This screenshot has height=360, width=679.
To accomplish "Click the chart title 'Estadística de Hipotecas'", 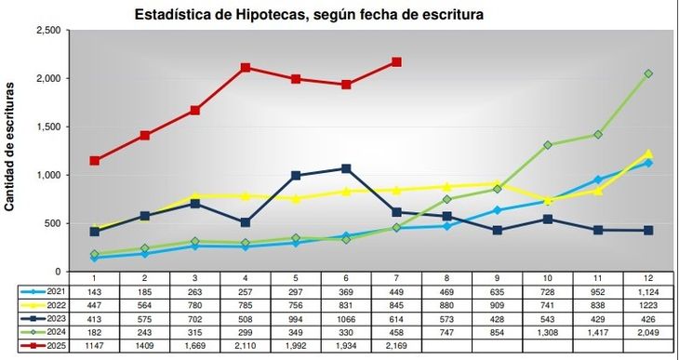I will (x=309, y=16).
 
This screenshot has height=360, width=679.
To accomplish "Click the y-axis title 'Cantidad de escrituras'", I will (x=10, y=147).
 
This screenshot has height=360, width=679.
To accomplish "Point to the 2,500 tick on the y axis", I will (x=47, y=31).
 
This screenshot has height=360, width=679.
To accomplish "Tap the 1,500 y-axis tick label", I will (x=47, y=127).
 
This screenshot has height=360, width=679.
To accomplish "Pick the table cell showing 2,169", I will (x=396, y=345).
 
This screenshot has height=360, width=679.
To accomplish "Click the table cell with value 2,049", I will (x=648, y=331).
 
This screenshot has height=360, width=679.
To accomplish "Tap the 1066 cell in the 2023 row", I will (x=346, y=318).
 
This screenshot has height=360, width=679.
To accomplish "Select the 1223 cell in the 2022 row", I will (x=648, y=305).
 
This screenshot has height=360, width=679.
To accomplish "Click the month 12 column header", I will (x=648, y=278).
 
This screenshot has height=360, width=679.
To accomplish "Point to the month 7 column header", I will (x=396, y=278).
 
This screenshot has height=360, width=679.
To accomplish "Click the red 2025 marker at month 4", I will (x=246, y=67).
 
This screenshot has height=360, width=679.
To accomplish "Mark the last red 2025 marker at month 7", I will (x=396, y=62).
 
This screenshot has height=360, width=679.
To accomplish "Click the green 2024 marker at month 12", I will (x=648, y=73).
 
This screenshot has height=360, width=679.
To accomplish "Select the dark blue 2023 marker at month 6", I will (x=346, y=168).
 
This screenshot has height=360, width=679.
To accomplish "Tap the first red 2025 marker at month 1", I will (x=95, y=161).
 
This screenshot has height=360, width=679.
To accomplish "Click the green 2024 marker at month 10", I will (x=548, y=145).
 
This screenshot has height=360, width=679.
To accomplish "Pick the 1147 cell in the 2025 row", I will (x=95, y=345).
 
